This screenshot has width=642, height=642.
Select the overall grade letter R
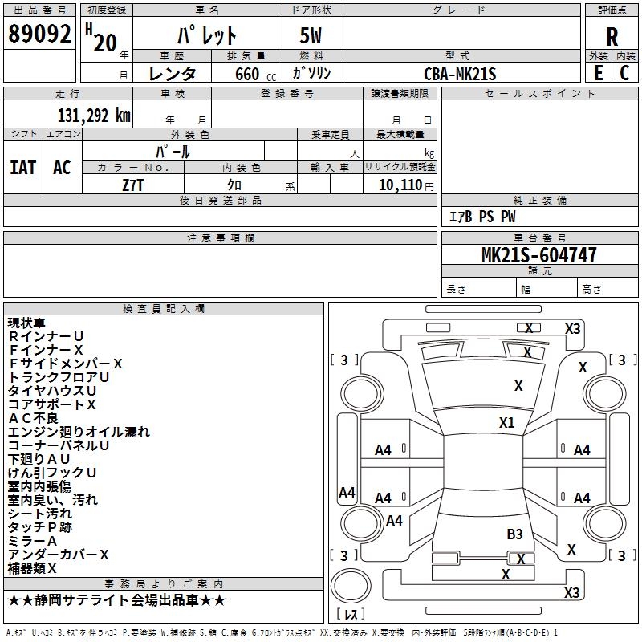coord(612,36)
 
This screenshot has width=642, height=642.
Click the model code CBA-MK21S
coord(461,74)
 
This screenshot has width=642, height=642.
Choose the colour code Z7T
coord(132,184)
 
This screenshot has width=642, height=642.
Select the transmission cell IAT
coord(22,168)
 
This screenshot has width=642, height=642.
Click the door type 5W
coord(312,36)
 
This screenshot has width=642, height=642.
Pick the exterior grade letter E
coord(598,73)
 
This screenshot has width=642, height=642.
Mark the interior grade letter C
coord(624,73)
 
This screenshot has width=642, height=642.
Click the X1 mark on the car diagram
coord(506,422)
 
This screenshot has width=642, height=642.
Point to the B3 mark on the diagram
coord(514,534)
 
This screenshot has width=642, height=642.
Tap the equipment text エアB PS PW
coord(481,217)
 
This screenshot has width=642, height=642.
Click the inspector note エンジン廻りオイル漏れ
coord(79,432)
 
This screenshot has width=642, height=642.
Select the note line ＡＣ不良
coord(33,418)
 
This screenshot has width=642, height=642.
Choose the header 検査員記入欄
coord(164,309)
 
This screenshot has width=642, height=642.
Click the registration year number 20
coord(104,42)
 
